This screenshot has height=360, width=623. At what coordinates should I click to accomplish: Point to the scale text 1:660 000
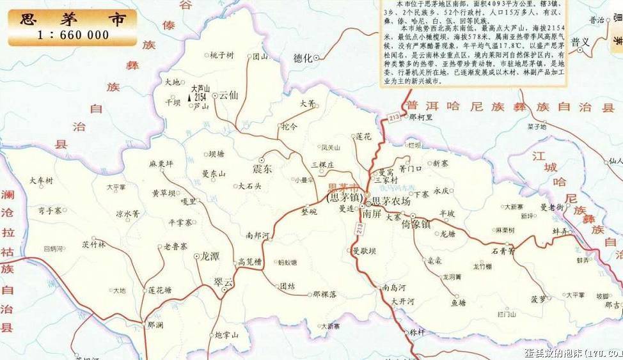73,35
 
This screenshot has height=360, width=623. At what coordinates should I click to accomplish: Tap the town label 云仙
228,95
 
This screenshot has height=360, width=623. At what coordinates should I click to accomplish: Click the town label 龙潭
210,256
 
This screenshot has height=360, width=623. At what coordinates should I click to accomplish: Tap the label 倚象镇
416,224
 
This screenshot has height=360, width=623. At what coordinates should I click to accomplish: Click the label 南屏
372,214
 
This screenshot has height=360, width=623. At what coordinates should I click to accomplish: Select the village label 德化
303,58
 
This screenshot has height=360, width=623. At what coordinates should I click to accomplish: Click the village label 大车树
42,182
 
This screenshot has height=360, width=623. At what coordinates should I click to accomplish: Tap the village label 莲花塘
160,290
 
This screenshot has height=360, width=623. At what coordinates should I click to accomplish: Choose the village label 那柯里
421,117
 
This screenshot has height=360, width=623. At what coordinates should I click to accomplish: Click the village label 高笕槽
250,262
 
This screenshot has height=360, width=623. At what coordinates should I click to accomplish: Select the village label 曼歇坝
363,251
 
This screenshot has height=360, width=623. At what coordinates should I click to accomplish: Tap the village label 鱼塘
458,302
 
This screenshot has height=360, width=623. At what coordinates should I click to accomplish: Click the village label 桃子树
222,55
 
